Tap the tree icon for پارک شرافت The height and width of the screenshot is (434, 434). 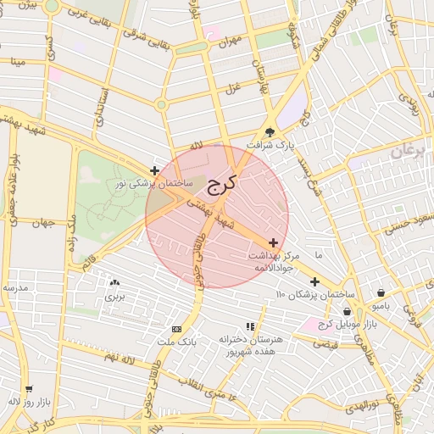[x=270, y=131]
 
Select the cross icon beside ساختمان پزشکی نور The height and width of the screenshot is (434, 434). [x=153, y=170]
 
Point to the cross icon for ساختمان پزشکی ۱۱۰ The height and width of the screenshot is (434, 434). [x=314, y=281]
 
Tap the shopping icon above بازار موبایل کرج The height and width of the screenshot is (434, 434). [x=348, y=311]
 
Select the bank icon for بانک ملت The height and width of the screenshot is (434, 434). [x=176, y=329]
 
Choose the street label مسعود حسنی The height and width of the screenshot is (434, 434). [x=405, y=225]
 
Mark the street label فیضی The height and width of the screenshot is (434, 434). [x=325, y=344]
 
